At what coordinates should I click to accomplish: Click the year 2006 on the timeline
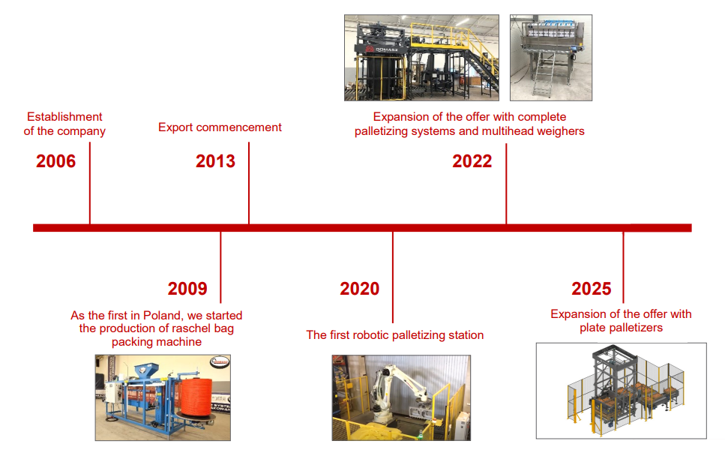click(x=56, y=161)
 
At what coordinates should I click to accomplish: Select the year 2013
click(x=215, y=161)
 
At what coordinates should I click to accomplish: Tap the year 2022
click(x=472, y=161)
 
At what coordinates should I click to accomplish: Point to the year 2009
click(x=187, y=289)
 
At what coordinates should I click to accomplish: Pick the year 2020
click(x=360, y=289)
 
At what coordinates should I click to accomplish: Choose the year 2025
click(x=592, y=289)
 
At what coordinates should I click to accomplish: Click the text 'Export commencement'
click(x=220, y=127)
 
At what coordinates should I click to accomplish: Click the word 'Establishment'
click(x=64, y=116)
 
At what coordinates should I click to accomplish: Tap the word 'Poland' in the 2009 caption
click(x=162, y=316)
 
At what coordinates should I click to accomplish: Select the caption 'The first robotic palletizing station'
click(x=395, y=334)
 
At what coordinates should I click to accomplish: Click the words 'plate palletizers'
click(x=621, y=328)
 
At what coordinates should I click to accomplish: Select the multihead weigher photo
click(x=551, y=57)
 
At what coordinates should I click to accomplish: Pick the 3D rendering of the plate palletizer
click(x=621, y=391)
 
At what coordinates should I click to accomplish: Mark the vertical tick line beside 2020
click(x=393, y=277)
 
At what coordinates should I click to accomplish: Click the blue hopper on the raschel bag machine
click(x=146, y=370)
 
